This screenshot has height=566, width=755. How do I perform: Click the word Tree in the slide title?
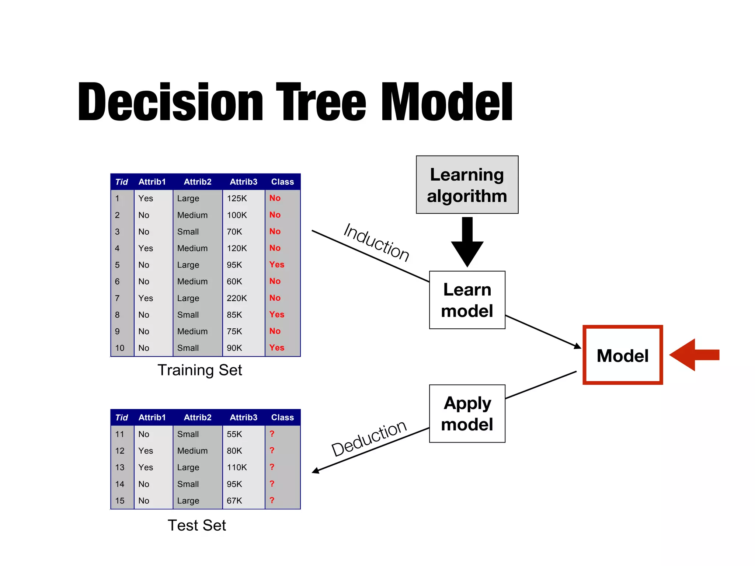coord(321,102)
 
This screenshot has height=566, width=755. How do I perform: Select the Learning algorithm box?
coord(467,185)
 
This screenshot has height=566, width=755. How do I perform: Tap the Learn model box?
coord(467,300)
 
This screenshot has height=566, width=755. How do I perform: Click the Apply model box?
coord(467,413)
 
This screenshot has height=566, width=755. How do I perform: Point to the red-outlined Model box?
coord(622,355)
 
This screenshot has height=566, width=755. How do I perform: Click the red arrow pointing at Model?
coord(694,355)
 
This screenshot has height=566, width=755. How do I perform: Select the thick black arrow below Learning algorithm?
coord(467,242)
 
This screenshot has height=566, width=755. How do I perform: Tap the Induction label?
coord(376,242)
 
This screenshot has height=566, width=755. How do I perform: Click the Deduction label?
coord(369,439)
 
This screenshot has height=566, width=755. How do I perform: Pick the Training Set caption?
coord(199,370)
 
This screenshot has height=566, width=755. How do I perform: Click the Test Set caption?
coord(196,525)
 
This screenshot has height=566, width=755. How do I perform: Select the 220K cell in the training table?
coord(237,298)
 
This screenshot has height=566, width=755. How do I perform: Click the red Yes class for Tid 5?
coord(276,265)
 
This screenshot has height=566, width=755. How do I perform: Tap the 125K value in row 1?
coord(237,198)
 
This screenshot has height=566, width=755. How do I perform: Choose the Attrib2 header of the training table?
coord(198,182)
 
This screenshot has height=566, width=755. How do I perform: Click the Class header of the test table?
coord(282,417)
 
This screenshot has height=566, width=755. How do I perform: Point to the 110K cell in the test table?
coord(237,467)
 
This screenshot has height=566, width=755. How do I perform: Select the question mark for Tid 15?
coord(272,500)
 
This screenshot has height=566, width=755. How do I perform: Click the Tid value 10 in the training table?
coord(120,348)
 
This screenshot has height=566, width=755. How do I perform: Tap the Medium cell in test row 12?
coord(192,451)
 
